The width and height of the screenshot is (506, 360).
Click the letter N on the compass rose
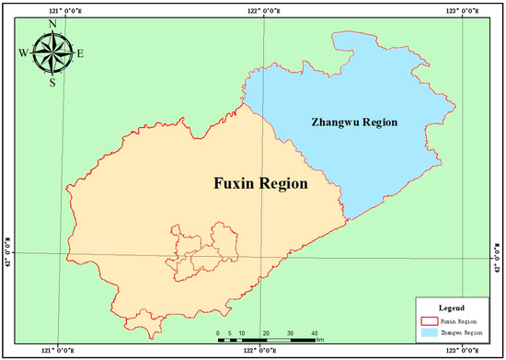52,24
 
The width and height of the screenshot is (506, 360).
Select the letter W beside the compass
23,53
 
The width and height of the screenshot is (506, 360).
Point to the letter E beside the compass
80,53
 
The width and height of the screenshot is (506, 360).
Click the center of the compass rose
52,53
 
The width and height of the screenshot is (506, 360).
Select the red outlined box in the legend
428,319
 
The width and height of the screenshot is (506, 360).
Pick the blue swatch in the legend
428,330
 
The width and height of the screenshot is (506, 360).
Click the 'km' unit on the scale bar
320,340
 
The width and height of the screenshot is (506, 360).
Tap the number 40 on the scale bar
314,331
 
